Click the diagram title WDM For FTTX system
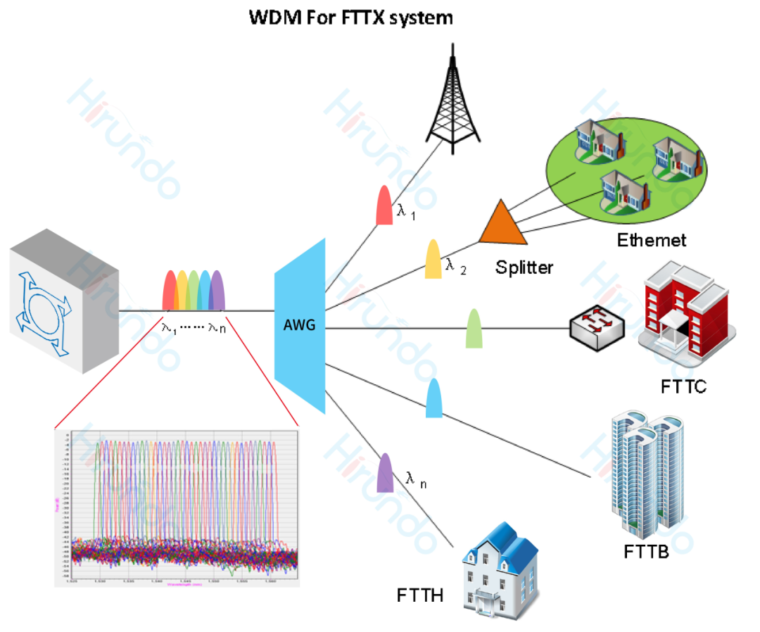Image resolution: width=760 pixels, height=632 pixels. pyautogui.click(x=350, y=18)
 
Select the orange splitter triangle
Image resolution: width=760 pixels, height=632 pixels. pyautogui.click(x=503, y=224)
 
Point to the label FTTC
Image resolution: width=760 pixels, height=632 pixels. pyautogui.click(x=683, y=387)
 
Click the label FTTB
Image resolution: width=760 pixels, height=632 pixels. pyautogui.click(x=646, y=550)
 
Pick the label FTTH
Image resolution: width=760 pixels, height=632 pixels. pyautogui.click(x=420, y=596)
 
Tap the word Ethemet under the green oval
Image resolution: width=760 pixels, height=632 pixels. pyautogui.click(x=651, y=240)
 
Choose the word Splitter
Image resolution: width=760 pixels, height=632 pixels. pyautogui.click(x=524, y=267)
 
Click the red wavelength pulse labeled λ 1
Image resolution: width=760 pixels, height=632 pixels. pyautogui.click(x=384, y=206)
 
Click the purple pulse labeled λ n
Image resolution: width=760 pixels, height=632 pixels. pyautogui.click(x=386, y=472)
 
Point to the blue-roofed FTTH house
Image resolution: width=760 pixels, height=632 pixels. pyautogui.click(x=500, y=569)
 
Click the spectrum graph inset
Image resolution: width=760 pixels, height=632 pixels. pyautogui.click(x=177, y=507)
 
